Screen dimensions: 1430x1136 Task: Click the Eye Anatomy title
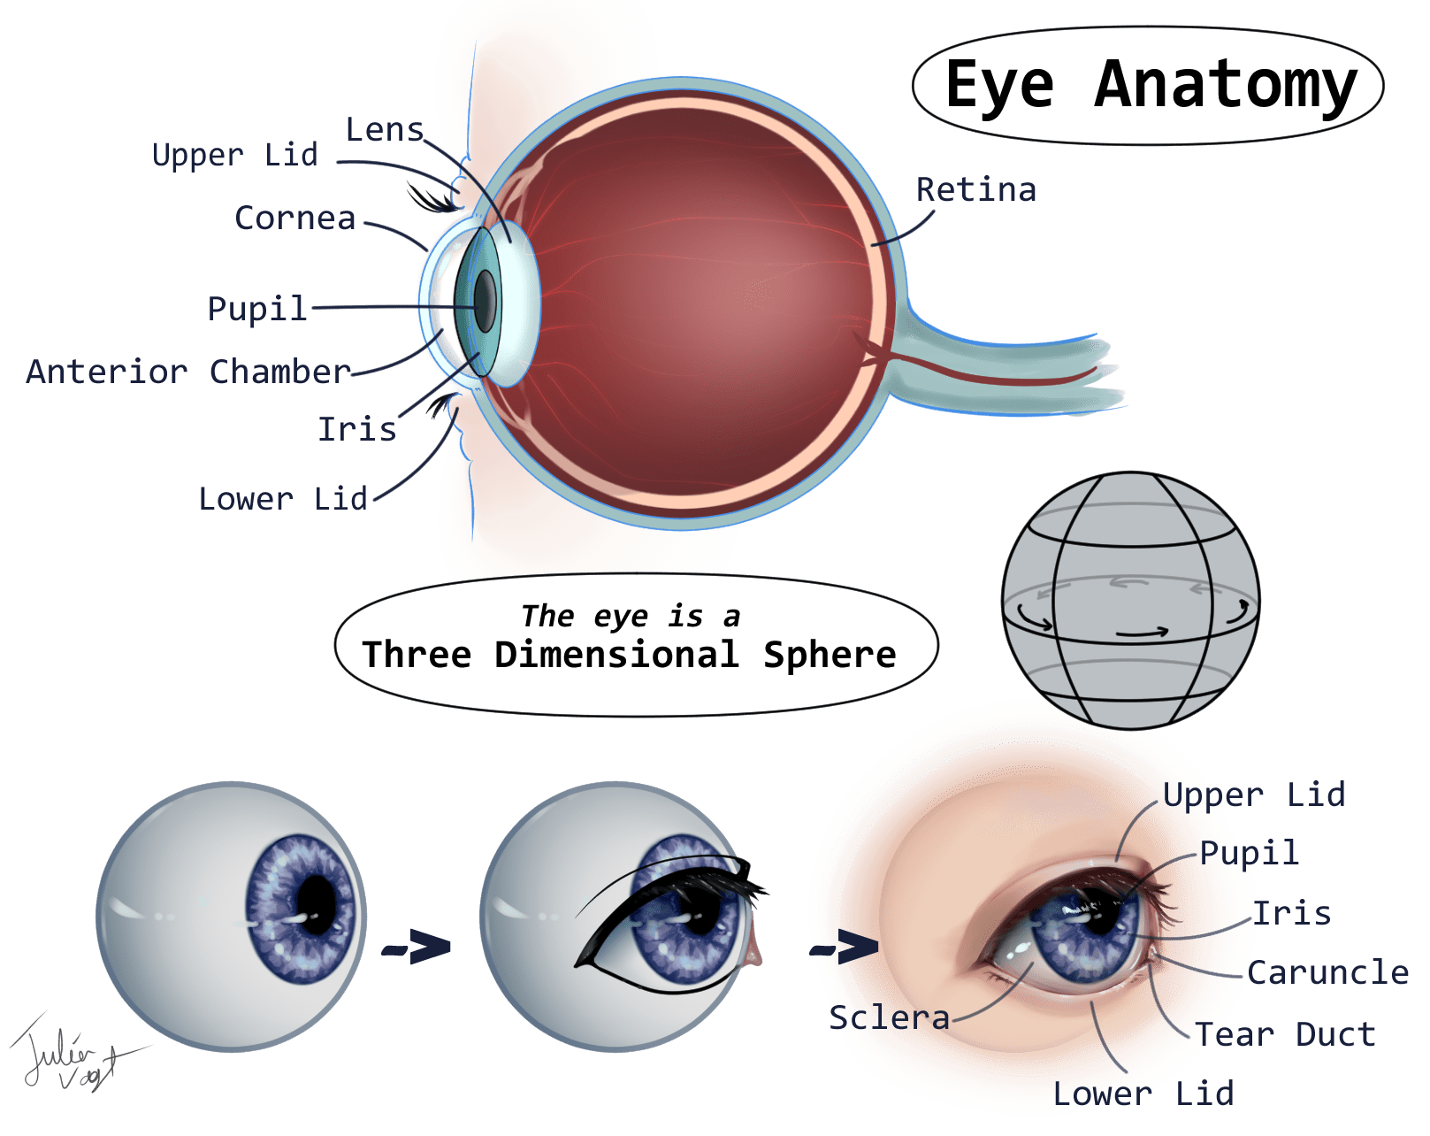1150,85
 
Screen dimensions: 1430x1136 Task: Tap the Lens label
384,130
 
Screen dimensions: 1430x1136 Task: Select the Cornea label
295,218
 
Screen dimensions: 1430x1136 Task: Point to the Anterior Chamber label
188,372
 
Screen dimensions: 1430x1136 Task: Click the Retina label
975,189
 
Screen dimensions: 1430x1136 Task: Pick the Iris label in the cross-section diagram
356,429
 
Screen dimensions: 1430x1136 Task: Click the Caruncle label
1327,972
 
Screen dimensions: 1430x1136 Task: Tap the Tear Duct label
1285,1033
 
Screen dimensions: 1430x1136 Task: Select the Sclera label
889,1017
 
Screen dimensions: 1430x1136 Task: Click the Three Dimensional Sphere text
629,655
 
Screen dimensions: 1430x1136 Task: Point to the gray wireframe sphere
1130,600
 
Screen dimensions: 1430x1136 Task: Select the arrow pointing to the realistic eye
844,948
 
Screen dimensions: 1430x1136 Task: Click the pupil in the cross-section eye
485,301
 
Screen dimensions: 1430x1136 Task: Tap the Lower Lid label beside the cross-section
283,499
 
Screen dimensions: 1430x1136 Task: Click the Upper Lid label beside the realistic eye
1253,794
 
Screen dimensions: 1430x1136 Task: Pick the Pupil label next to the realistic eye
1249,853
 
